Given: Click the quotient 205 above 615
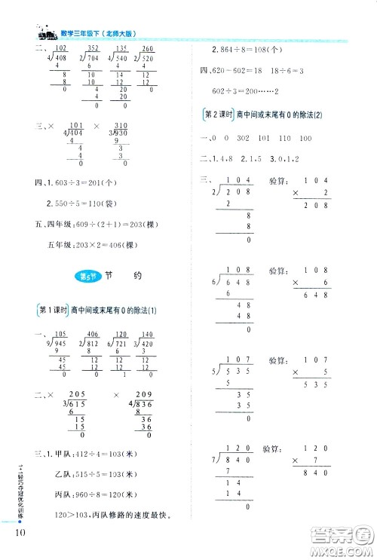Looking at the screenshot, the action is click(76, 393).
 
